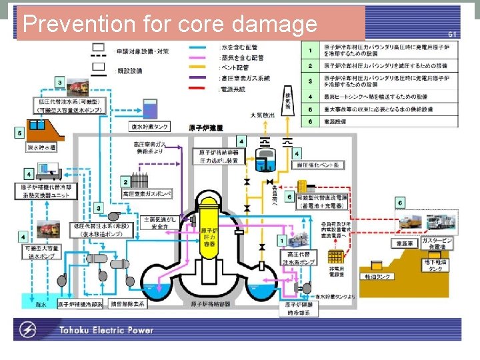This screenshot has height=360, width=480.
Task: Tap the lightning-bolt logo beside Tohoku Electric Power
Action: click(x=29, y=329)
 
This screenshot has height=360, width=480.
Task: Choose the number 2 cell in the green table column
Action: click(x=310, y=66)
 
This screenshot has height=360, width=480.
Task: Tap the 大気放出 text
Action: click(x=262, y=115)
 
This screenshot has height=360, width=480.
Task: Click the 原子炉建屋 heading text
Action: click(x=206, y=127)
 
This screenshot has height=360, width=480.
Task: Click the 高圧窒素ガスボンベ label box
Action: click(x=147, y=193)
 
